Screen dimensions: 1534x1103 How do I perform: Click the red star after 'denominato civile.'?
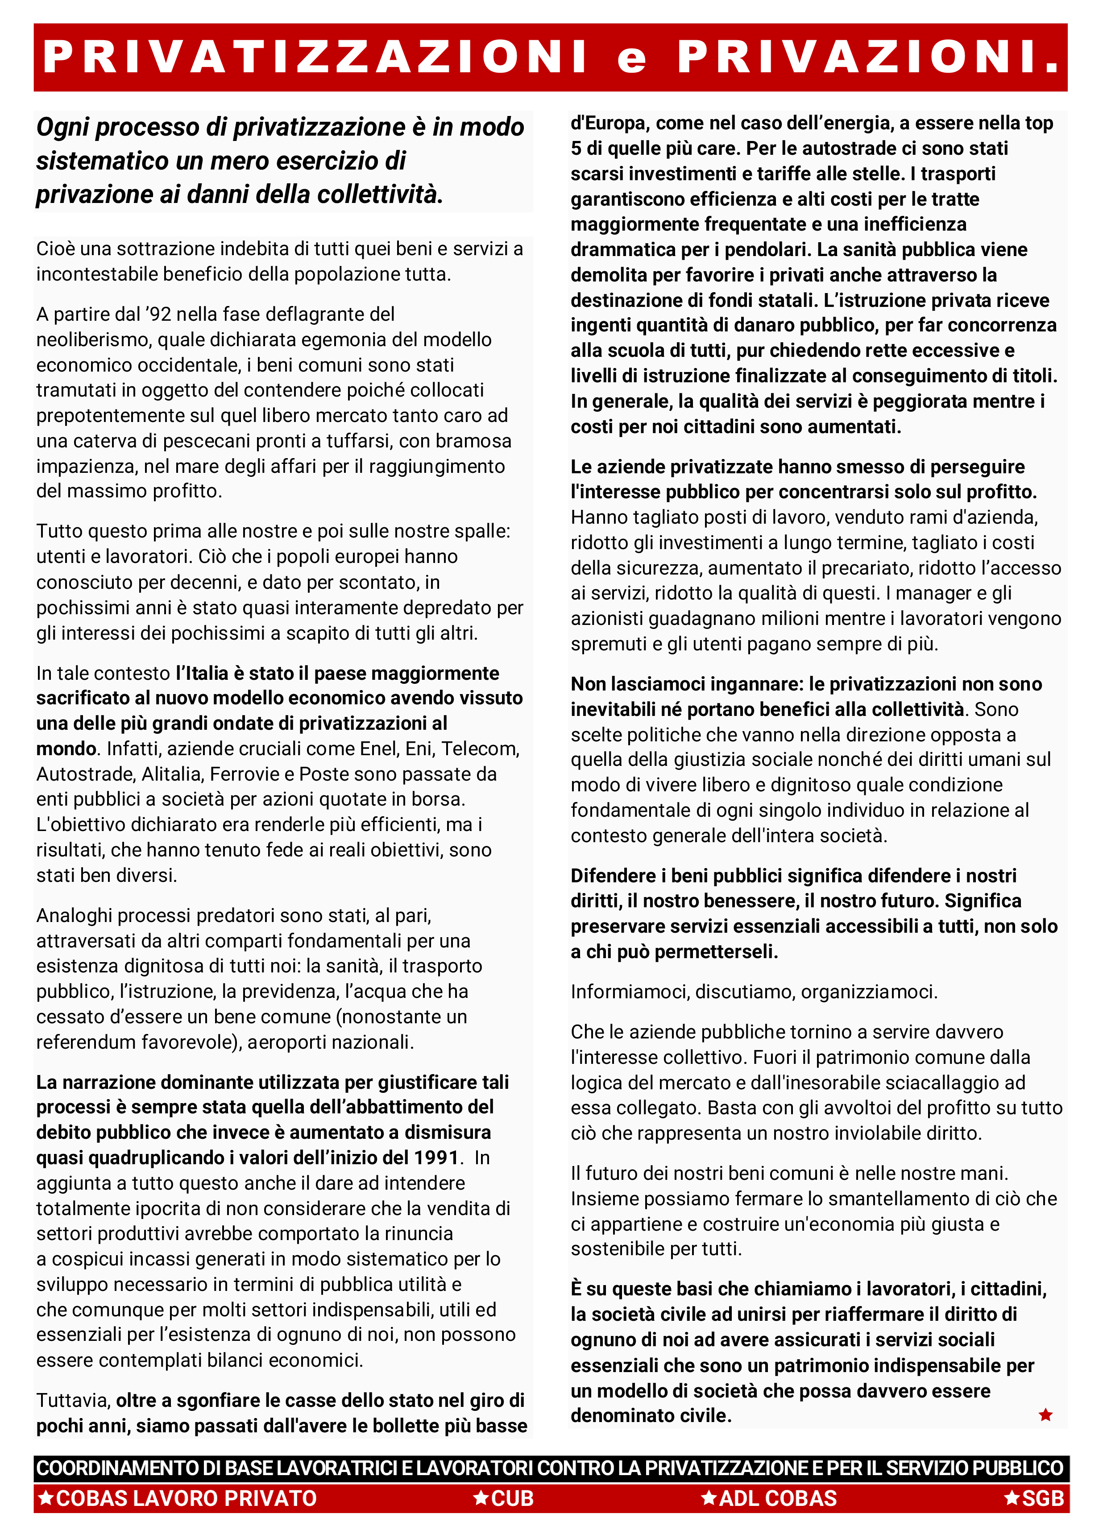coord(1045,1415)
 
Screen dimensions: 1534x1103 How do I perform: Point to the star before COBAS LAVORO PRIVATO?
coord(46,1498)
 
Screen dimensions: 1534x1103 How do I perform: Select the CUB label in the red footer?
coord(512,1499)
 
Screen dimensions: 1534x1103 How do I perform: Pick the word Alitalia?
coord(171,774)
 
